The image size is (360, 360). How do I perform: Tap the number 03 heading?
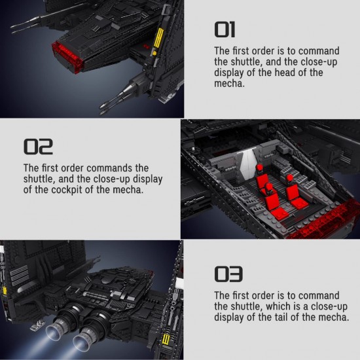pyautogui.click(x=228, y=274)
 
